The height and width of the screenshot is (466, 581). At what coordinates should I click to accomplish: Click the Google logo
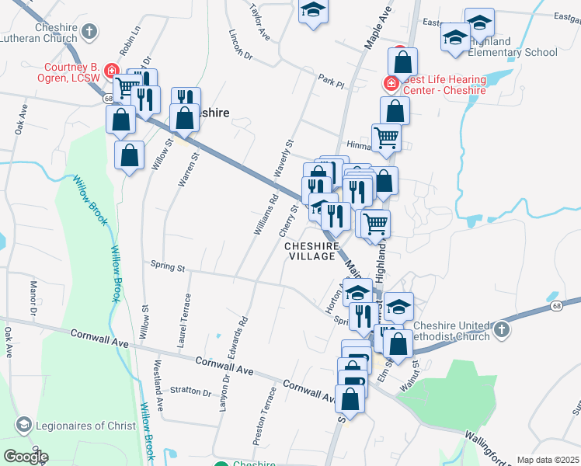pos(26,457)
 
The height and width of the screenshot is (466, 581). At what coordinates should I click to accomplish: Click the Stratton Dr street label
pos(191,391)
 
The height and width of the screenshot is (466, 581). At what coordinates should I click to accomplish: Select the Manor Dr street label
pos(33,298)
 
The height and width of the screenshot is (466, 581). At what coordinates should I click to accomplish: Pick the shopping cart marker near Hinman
pos(386,137)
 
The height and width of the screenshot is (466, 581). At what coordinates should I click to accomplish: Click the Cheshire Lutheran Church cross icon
pos(89,32)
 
